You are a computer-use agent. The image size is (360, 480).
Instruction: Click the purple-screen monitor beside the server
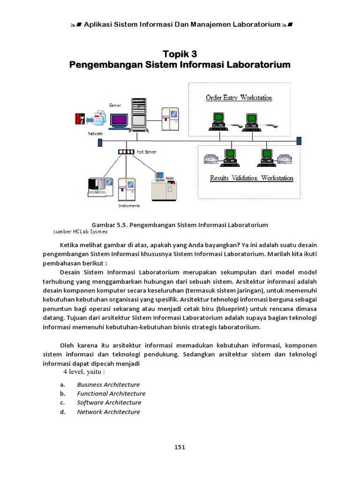119,120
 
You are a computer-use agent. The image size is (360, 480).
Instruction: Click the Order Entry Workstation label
239,98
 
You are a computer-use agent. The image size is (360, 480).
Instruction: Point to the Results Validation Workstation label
251,178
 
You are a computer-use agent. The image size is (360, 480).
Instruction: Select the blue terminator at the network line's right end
299,141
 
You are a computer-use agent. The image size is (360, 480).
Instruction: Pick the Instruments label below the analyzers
129,205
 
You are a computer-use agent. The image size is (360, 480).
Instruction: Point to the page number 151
180,447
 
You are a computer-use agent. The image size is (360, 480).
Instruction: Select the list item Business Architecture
108,384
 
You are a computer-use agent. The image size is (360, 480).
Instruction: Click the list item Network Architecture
108,412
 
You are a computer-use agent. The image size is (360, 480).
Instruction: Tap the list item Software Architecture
109,403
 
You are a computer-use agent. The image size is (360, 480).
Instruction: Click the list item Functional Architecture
111,394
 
